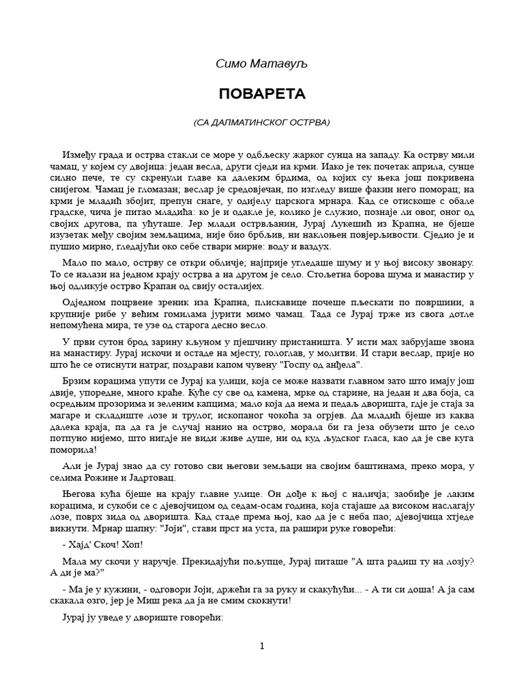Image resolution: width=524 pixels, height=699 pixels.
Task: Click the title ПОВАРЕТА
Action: (x=262, y=94)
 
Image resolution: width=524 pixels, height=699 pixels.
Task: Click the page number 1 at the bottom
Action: (x=262, y=646)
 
